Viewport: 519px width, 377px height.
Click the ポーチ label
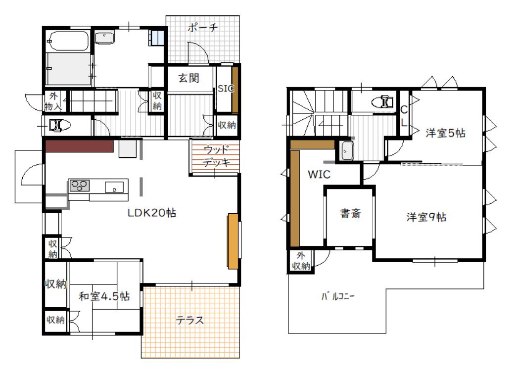click(202, 28)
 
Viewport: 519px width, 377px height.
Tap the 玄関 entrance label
click(189, 78)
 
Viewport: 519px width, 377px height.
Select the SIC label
click(226, 89)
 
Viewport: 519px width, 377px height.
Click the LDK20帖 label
click(151, 213)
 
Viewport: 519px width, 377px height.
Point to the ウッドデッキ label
click(217, 156)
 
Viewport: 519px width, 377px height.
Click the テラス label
click(189, 320)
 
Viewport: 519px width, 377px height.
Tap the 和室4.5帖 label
click(104, 296)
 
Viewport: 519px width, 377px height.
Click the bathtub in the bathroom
click(68, 41)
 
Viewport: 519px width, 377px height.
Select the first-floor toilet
click(59, 126)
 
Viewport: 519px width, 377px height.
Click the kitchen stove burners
click(80, 186)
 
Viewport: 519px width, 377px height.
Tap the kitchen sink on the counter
click(114, 187)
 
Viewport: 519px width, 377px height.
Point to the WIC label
click(319, 175)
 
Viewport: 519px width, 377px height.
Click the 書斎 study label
click(350, 213)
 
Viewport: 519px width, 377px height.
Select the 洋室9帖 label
click(426, 217)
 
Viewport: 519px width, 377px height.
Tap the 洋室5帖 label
click(445, 133)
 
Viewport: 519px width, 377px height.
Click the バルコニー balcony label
click(337, 296)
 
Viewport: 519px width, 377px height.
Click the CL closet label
click(404, 116)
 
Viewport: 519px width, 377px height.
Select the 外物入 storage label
click(53, 101)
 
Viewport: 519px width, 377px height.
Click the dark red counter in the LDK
click(80, 146)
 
